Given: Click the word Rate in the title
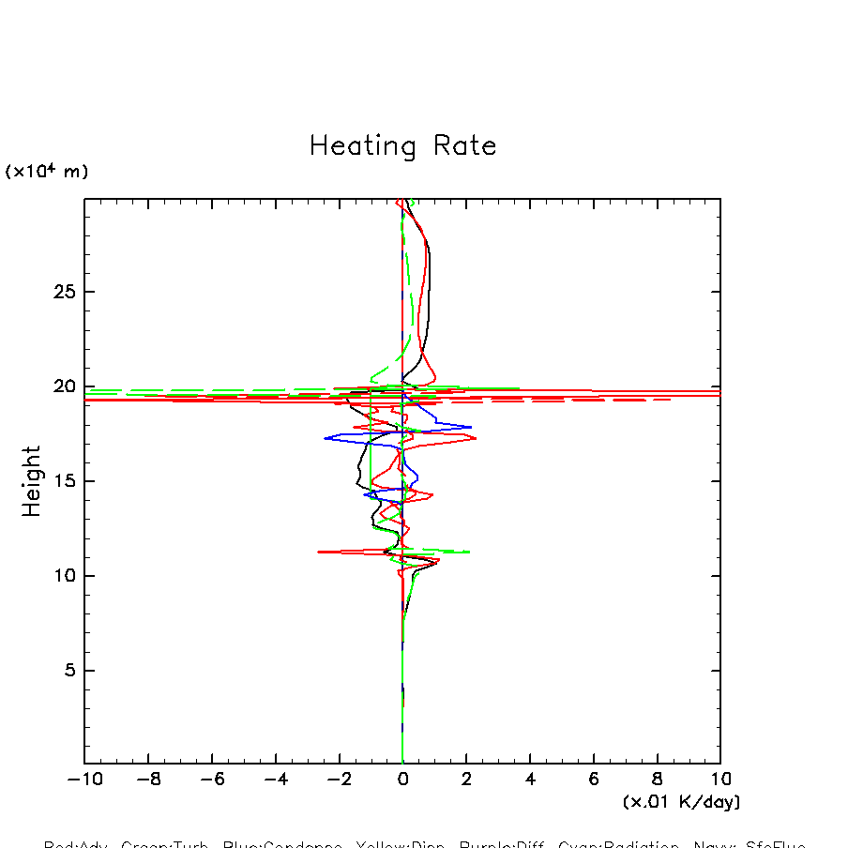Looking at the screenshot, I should click(x=464, y=146).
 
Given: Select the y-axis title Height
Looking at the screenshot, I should click(x=32, y=481).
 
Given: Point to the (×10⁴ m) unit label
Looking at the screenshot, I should click(x=47, y=172).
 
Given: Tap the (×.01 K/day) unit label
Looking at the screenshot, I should click(x=681, y=802).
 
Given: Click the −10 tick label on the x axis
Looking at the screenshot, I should click(x=84, y=779).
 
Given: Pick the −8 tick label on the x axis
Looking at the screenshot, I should click(x=148, y=779).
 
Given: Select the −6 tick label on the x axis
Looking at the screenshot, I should click(x=212, y=779).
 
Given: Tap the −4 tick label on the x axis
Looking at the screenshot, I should click(x=276, y=779).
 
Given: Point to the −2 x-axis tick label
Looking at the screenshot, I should click(x=339, y=779).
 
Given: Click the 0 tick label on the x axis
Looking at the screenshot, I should click(x=402, y=779).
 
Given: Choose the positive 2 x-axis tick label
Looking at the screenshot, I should click(x=466, y=779).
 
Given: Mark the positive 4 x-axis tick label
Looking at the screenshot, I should click(x=530, y=779).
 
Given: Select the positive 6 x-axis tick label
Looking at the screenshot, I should click(x=594, y=779).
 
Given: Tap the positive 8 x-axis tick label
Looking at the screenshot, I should click(x=657, y=779).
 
